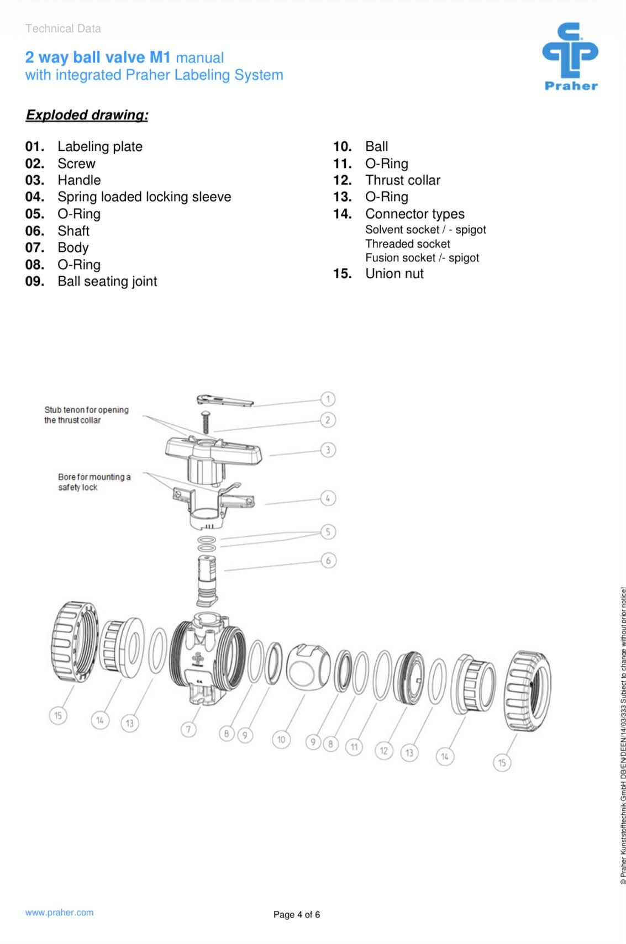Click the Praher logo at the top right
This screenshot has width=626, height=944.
570,56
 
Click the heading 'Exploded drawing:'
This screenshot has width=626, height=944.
87,115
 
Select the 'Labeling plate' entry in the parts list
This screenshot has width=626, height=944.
99,146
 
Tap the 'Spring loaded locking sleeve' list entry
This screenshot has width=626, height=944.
144,197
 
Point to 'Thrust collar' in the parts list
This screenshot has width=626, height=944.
402,180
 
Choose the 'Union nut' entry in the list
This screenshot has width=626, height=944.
394,273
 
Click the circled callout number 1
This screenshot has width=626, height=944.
328,399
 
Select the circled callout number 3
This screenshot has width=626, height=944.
328,450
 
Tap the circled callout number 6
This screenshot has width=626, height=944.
328,561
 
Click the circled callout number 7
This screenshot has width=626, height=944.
188,730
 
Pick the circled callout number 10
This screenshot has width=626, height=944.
281,739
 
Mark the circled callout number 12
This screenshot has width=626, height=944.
383,750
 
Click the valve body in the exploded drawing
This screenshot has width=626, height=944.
207,655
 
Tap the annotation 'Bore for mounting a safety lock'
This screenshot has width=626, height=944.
94,482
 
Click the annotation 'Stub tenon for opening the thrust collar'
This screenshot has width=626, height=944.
86,415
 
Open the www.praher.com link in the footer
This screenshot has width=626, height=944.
59,913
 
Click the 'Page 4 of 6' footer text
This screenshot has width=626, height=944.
296,915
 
